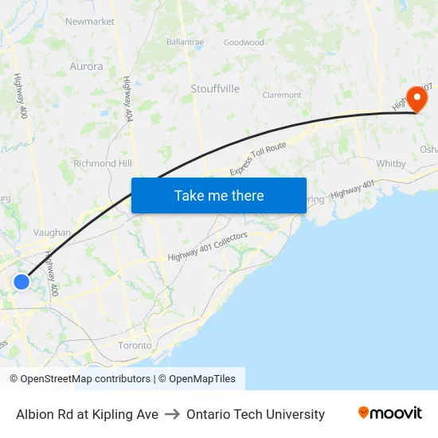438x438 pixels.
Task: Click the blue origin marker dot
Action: pos(22,282)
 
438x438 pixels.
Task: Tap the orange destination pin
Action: pos(416,99)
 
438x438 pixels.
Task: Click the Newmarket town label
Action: pos(90,22)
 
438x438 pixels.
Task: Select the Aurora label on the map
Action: pos(86,67)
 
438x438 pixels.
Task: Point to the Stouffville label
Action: pos(215,89)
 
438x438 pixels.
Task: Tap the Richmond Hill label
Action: pos(102,163)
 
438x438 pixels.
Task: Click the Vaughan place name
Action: pos(52,233)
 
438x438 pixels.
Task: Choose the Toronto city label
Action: pos(135,346)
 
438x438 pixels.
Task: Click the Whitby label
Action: pos(391,164)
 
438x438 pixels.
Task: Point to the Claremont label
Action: pos(282,95)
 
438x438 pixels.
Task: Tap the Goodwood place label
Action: pos(244,42)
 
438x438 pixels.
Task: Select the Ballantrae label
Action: pos(186,41)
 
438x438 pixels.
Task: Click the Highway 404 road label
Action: pos(127,99)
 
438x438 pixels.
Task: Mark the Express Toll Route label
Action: pos(257,160)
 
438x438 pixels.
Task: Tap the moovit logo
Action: pos(390,413)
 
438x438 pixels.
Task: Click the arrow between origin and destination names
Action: pos(172,414)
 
